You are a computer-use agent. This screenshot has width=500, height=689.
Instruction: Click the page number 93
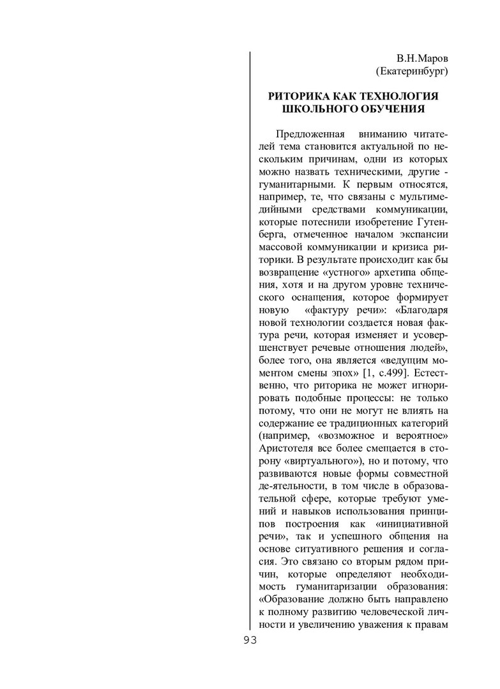[249, 640]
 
